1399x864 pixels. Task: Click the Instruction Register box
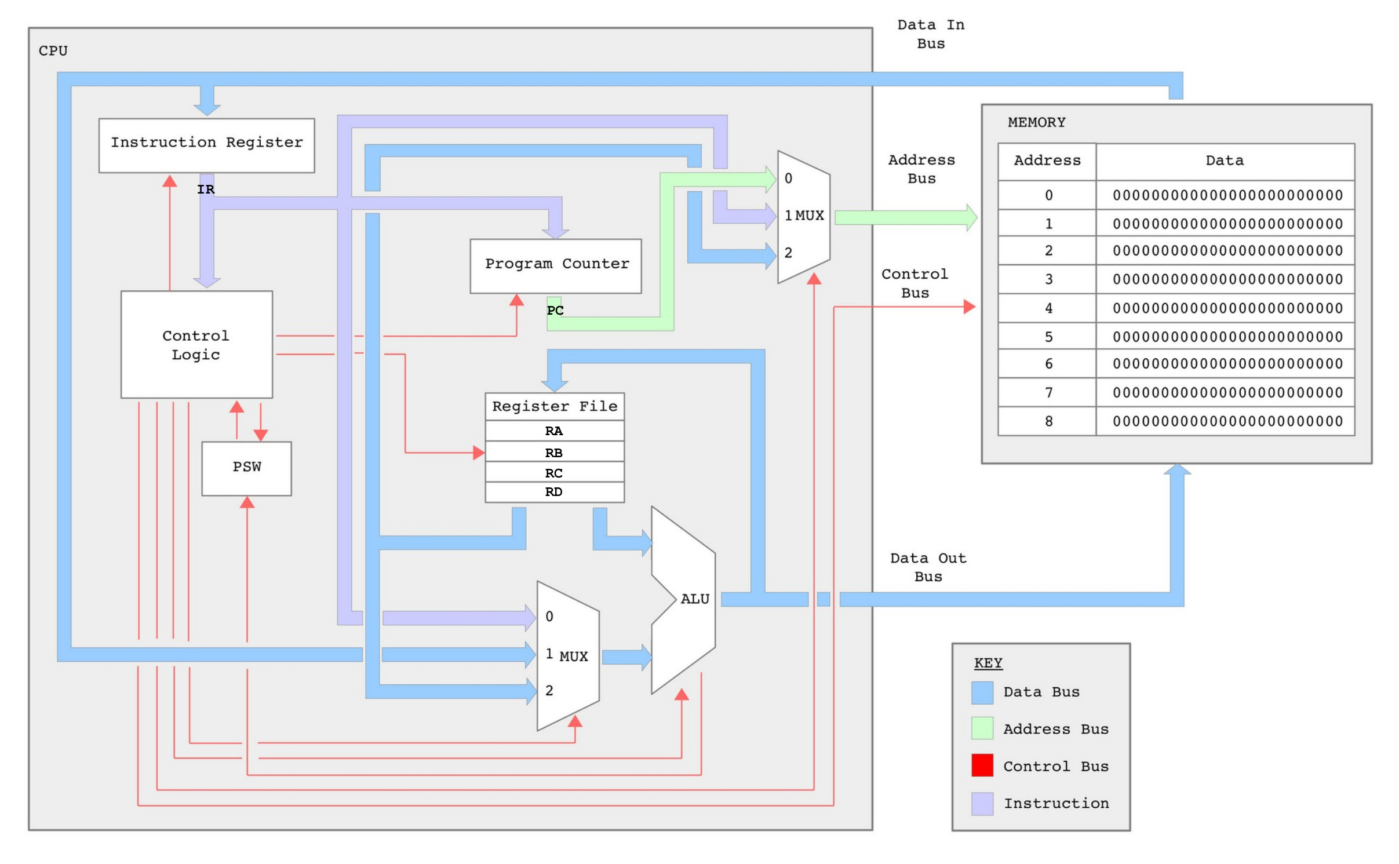[206, 145]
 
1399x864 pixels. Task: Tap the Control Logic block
[196, 344]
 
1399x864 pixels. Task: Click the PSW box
[246, 468]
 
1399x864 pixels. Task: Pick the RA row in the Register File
[553, 431]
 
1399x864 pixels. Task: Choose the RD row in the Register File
[553, 491]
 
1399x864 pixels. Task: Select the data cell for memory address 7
[1225, 392]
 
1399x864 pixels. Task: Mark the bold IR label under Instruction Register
[205, 189]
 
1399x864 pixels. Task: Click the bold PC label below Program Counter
[554, 310]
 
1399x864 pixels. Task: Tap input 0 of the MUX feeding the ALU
[548, 616]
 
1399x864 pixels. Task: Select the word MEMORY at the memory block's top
[1036, 122]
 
